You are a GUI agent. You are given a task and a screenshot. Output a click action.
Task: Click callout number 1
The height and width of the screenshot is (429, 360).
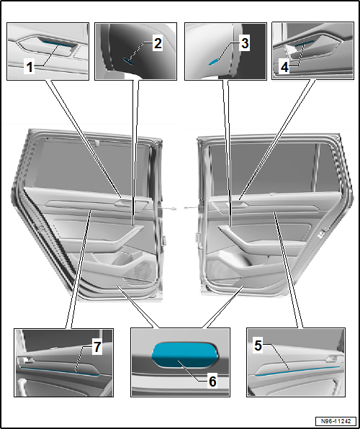pyautogui.click(x=30, y=67)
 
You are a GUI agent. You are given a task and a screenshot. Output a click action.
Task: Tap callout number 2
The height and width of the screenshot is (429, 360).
pyautogui.click(x=158, y=43)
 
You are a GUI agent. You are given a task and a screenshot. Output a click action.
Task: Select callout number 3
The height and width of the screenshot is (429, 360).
pyautogui.click(x=244, y=43)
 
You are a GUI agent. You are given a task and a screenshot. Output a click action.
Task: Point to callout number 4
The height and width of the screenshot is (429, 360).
pyautogui.click(x=284, y=67)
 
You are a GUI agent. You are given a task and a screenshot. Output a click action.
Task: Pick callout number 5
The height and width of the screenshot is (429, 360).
pyautogui.click(x=258, y=346)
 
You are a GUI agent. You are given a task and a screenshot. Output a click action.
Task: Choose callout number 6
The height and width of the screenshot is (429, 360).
pyautogui.click(x=212, y=381)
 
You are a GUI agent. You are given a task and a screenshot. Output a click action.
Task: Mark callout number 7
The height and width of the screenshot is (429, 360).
pyautogui.click(x=96, y=348)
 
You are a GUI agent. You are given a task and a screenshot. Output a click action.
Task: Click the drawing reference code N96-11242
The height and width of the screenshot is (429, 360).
pyautogui.click(x=336, y=420)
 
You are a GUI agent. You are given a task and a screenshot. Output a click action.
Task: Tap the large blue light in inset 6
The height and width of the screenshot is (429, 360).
pyautogui.click(x=184, y=354)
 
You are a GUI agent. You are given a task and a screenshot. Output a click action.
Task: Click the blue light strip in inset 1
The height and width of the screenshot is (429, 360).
pyautogui.click(x=57, y=41)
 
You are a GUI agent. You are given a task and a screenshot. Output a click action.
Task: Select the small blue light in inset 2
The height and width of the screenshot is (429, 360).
pyautogui.click(x=128, y=61)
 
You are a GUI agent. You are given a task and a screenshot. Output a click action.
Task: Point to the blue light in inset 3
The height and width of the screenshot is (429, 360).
pyautogui.click(x=214, y=62)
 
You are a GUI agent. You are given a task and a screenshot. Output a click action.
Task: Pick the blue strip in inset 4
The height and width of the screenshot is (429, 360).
pyautogui.click(x=305, y=43)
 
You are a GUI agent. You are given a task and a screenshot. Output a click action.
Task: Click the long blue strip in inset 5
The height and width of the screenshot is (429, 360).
pyautogui.click(x=297, y=371)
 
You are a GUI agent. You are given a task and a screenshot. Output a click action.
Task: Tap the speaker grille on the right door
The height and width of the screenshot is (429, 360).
pyautogui.click(x=218, y=270)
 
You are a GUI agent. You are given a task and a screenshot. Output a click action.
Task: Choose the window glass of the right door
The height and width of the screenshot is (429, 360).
pyautogui.click(x=271, y=168)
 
